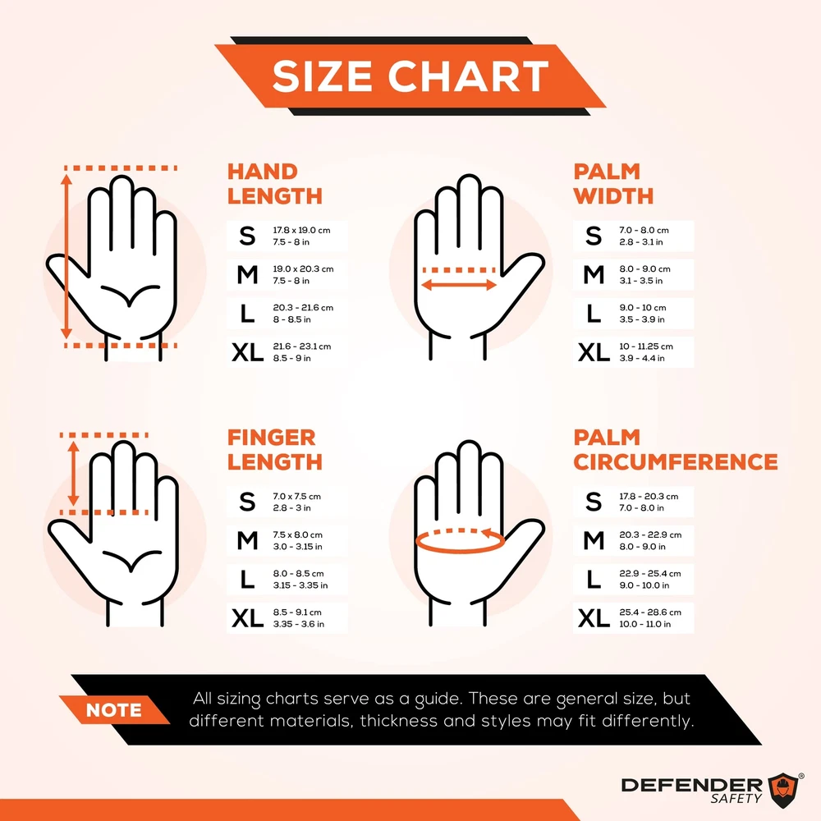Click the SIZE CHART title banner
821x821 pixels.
point(410,76)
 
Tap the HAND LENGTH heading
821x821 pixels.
point(274,184)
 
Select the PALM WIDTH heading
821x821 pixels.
point(613,184)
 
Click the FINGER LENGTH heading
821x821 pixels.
point(274,449)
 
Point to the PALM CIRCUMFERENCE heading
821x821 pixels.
point(676,449)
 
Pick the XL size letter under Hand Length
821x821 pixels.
point(248,352)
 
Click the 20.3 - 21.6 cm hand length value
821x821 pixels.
point(303,307)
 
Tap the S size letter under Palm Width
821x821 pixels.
point(594,236)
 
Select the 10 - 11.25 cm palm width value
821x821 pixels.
point(645,346)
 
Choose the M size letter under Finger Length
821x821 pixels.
point(248,540)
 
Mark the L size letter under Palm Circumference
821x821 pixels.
point(594,579)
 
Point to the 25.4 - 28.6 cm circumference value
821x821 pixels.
point(649,612)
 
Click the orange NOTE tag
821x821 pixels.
point(114,710)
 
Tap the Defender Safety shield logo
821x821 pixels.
point(782,789)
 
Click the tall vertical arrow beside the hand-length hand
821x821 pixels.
point(67,256)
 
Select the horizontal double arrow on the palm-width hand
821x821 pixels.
point(459,285)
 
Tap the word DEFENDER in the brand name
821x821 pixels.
point(691,785)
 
